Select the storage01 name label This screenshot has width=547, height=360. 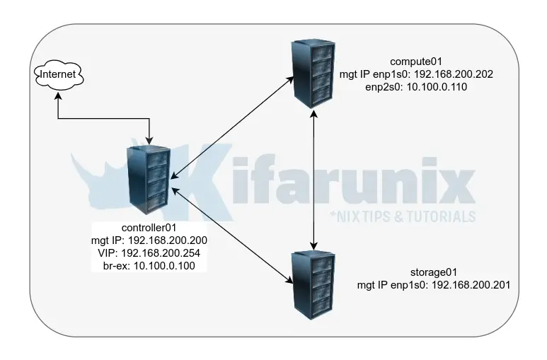(x=431, y=272)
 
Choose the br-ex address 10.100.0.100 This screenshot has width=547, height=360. (x=165, y=266)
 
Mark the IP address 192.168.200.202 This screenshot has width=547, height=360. (x=468, y=74)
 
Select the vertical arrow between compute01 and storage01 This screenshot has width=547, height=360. (x=313, y=177)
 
